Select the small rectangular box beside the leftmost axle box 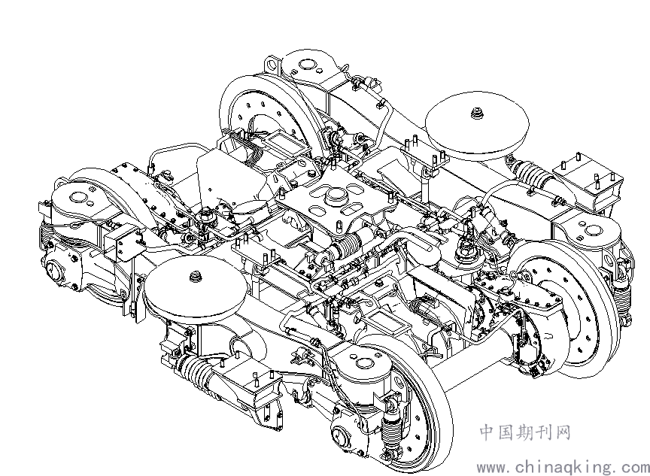(x=123, y=245)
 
